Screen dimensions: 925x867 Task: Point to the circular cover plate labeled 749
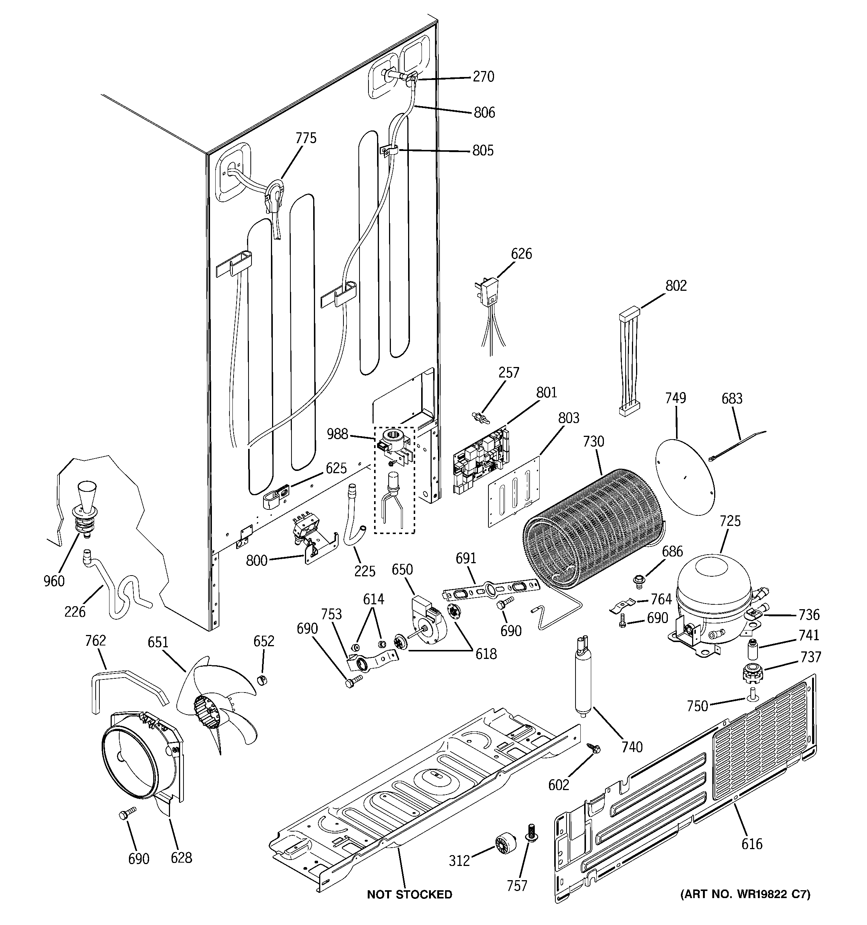[x=684, y=477]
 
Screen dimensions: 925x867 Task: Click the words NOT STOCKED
[x=409, y=894]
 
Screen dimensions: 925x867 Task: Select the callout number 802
[x=676, y=285]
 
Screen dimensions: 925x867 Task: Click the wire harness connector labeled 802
[x=630, y=363]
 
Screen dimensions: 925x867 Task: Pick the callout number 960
[x=54, y=581]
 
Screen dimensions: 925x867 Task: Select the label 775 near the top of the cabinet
[x=306, y=138]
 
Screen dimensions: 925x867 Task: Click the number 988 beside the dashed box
[x=337, y=434]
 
